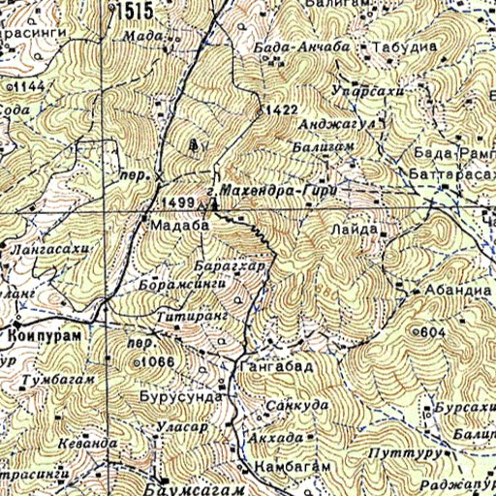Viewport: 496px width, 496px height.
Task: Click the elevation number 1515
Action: [x=135, y=10]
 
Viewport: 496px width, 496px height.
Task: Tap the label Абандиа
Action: [x=450, y=290]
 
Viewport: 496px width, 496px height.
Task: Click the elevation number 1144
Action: [x=27, y=87]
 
